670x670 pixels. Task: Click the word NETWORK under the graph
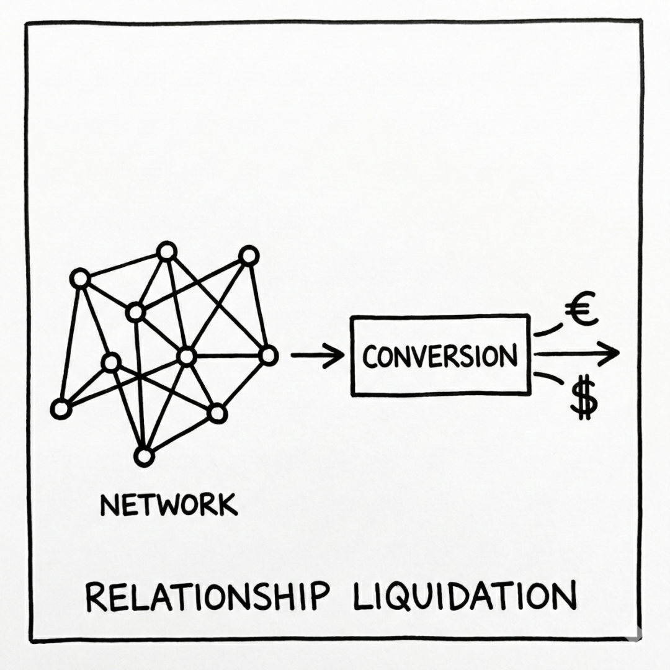click(168, 505)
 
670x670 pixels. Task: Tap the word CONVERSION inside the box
click(440, 357)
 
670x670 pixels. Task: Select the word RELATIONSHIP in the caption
click(207, 597)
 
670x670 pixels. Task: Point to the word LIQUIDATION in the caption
click(464, 597)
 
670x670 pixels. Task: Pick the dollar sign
click(583, 400)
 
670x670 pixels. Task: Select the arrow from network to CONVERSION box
click(316, 355)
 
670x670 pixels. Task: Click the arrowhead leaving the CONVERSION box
click(610, 353)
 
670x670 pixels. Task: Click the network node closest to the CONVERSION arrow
click(268, 355)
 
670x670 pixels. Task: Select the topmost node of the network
click(166, 251)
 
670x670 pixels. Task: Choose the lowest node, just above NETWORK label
click(143, 457)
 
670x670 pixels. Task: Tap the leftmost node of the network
click(61, 409)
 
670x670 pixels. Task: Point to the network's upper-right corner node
click(249, 255)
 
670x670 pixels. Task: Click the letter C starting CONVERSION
click(371, 357)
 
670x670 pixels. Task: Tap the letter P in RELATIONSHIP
click(317, 597)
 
